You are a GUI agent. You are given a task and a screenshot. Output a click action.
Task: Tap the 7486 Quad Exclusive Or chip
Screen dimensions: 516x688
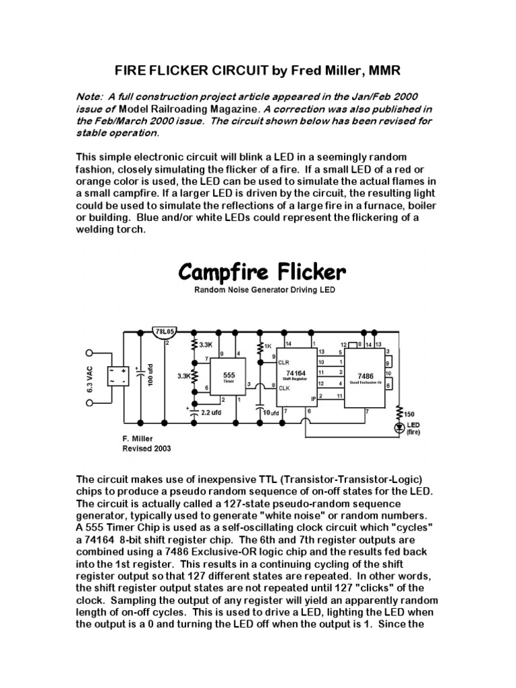(365, 377)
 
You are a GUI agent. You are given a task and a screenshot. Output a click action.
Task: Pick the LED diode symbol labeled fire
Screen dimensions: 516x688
(400, 426)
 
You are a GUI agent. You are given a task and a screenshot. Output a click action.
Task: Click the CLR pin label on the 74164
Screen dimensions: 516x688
(284, 361)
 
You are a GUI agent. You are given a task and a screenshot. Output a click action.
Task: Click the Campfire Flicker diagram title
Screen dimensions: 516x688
(262, 273)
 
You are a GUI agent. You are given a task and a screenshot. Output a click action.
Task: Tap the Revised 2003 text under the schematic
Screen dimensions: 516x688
(146, 448)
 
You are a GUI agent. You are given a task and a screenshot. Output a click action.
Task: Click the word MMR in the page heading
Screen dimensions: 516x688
(389, 71)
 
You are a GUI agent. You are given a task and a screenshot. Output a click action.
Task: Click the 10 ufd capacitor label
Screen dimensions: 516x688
(271, 412)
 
